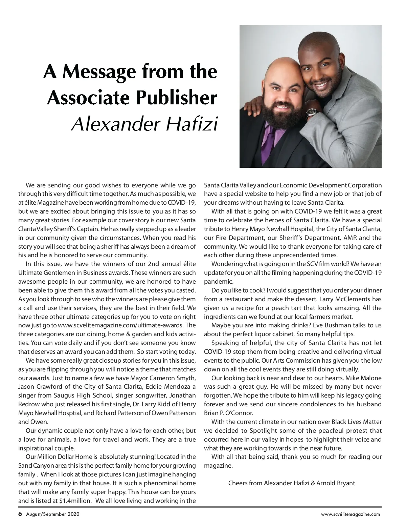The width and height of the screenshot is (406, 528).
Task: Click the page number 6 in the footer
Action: pos(20,514)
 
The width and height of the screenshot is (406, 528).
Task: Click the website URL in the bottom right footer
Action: pos(351,514)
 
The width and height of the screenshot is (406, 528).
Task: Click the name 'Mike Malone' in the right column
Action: pos(365,378)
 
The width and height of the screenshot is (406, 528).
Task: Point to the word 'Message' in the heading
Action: pos(94,71)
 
